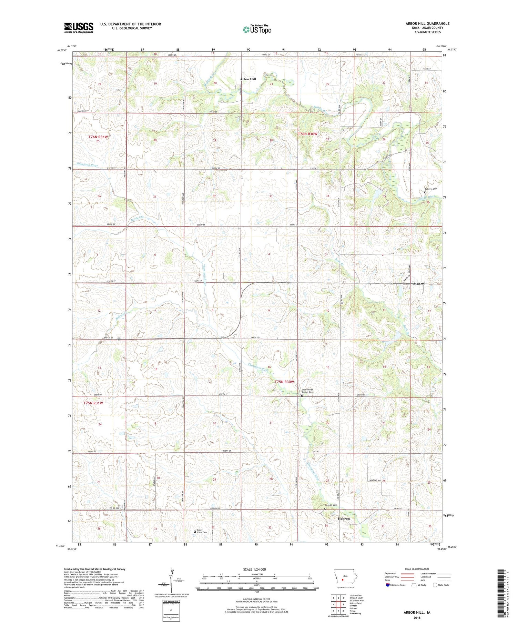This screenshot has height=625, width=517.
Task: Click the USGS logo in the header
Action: click(x=79, y=28)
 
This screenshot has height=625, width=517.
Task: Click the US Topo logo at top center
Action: click(x=257, y=29)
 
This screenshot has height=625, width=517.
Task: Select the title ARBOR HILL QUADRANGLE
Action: click(x=427, y=23)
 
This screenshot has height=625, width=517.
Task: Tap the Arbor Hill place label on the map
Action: click(x=248, y=79)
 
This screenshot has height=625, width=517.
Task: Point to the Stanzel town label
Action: click(x=419, y=284)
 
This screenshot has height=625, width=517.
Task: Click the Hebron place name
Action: click(x=344, y=518)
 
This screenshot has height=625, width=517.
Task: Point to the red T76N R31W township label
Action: click(x=98, y=137)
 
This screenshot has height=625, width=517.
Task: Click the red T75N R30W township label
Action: click(x=284, y=382)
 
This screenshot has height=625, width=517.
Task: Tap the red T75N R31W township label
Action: click(x=93, y=403)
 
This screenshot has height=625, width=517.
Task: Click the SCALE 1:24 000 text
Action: click(x=256, y=569)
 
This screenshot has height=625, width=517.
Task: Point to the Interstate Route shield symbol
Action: click(x=388, y=585)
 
